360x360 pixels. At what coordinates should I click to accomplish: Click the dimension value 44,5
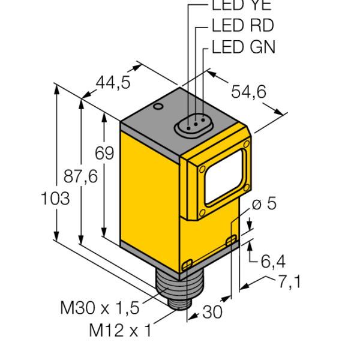pyautogui.click(x=113, y=82)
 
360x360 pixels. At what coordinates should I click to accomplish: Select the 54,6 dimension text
pyautogui.click(x=248, y=92)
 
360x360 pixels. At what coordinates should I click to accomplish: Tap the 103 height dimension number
pyautogui.click(x=55, y=199)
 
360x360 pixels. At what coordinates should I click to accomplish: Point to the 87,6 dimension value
pyautogui.click(x=80, y=176)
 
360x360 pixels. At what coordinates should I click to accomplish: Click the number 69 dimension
pyautogui.click(x=104, y=153)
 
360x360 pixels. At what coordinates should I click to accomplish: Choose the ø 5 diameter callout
pyautogui.click(x=264, y=203)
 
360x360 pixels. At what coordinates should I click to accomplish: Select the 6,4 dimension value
pyautogui.click(x=273, y=261)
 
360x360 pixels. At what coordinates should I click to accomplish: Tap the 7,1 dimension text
pyautogui.click(x=290, y=282)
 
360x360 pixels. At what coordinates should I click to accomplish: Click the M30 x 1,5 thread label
pyautogui.click(x=100, y=308)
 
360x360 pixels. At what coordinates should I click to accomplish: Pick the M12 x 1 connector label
pyautogui.click(x=121, y=330)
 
